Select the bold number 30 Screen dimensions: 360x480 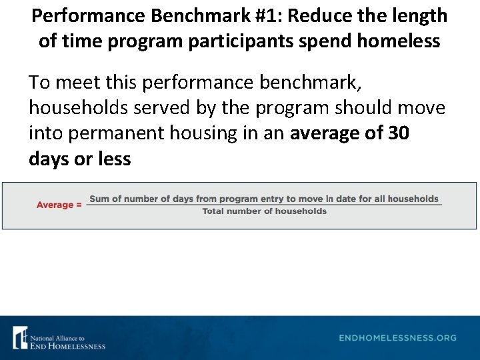coord(398,133)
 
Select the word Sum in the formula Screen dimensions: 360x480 coord(98,199)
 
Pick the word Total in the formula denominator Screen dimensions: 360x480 coord(215,211)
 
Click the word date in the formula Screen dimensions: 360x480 coord(348,199)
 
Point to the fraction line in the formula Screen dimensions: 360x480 coord(265,205)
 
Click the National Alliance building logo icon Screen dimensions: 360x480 coord(21,337)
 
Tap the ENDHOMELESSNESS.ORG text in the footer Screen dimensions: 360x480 coord(397,338)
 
